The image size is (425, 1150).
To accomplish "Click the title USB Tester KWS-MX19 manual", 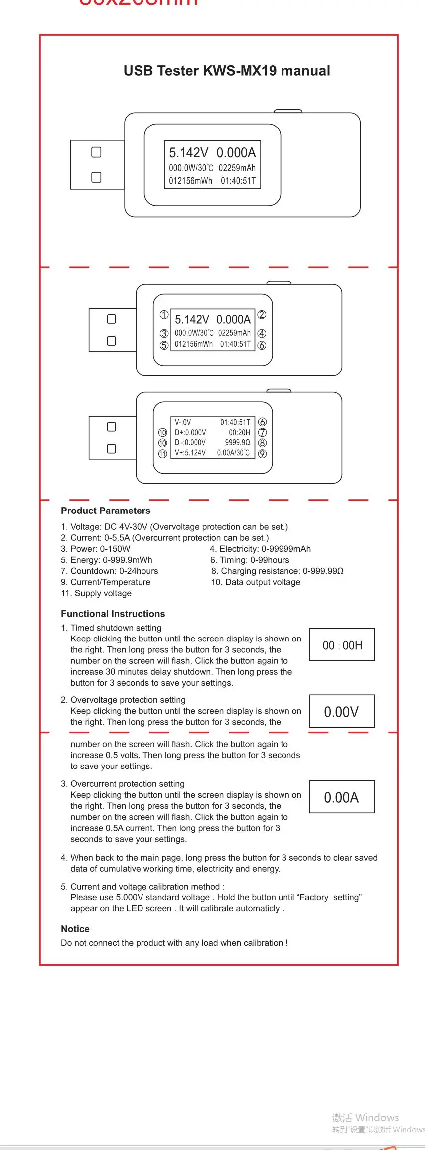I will click(x=227, y=71).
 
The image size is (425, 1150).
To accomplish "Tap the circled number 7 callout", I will click(x=263, y=433).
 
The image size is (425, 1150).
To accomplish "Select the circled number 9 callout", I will click(x=263, y=454).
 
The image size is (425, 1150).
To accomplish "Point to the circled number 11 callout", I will click(x=163, y=454).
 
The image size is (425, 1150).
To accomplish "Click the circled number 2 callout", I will click(x=262, y=315).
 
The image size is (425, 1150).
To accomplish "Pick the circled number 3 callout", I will click(x=164, y=333).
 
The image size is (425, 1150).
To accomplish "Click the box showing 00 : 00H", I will click(x=342, y=645).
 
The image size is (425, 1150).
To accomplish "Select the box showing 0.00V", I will click(x=342, y=711).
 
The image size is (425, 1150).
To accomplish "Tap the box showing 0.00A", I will click(x=342, y=797).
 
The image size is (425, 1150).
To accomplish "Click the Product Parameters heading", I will click(x=106, y=511).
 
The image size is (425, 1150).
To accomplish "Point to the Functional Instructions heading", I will click(x=113, y=614).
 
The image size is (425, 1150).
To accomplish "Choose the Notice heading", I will click(x=75, y=929).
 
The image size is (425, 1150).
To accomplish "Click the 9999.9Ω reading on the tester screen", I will click(x=238, y=443).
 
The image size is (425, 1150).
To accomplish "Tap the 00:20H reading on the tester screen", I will click(x=240, y=433).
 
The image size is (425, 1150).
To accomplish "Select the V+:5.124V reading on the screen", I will click(x=190, y=453).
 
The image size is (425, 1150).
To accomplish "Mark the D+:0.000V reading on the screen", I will click(x=190, y=433).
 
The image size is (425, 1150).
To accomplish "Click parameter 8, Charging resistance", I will click(x=278, y=571).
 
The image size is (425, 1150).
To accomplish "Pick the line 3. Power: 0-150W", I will click(x=96, y=549).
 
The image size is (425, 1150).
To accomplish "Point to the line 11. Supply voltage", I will click(x=96, y=593).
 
